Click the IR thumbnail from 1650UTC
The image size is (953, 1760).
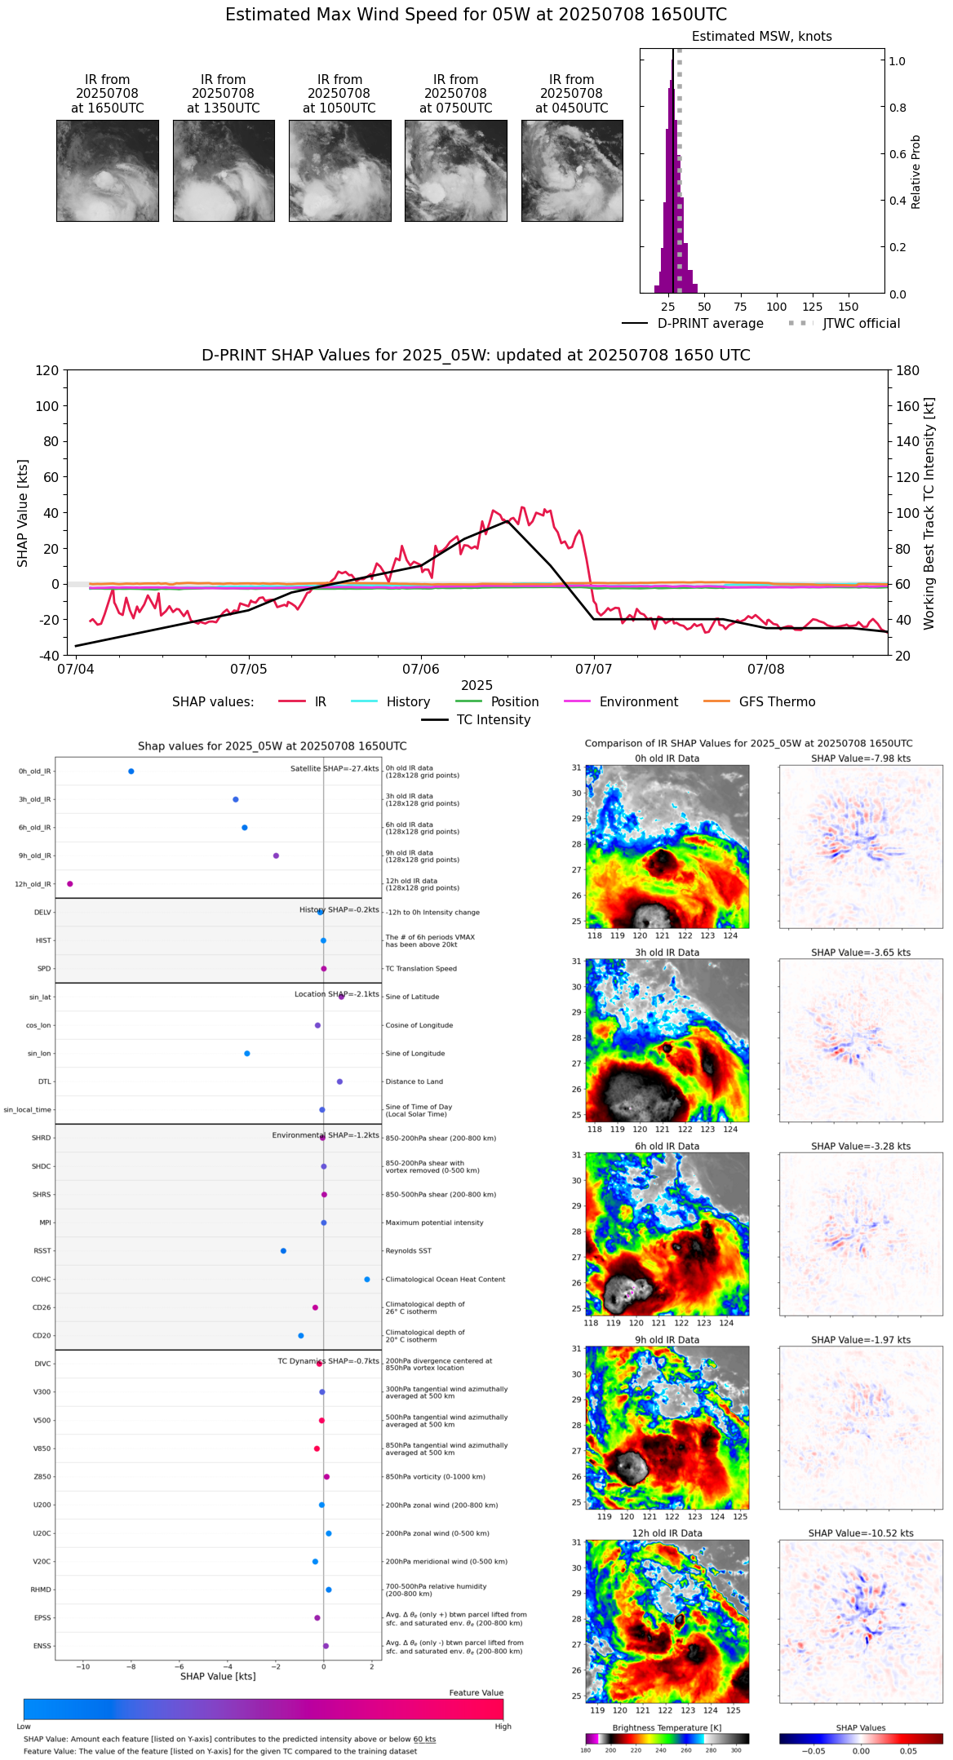tap(107, 170)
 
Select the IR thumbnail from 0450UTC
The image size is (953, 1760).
tap(572, 170)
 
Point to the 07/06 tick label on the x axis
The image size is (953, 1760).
tap(421, 670)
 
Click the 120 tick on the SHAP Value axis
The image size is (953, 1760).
tap(47, 370)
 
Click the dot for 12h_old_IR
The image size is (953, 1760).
tap(70, 884)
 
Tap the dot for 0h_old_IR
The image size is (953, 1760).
tap(131, 772)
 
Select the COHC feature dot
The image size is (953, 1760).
tap(367, 1280)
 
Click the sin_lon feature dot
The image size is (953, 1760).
tap(247, 1054)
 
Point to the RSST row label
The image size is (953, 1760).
tap(42, 1251)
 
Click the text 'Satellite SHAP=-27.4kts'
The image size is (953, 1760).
tap(335, 769)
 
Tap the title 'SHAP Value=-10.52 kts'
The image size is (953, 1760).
tap(861, 1534)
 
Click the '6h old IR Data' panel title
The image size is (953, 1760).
tap(667, 1147)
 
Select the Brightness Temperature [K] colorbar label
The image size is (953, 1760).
tap(667, 1728)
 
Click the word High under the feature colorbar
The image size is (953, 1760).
tap(503, 1727)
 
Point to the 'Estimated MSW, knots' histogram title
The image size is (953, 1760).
tap(761, 37)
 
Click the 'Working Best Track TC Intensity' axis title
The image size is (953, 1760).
tap(929, 514)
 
